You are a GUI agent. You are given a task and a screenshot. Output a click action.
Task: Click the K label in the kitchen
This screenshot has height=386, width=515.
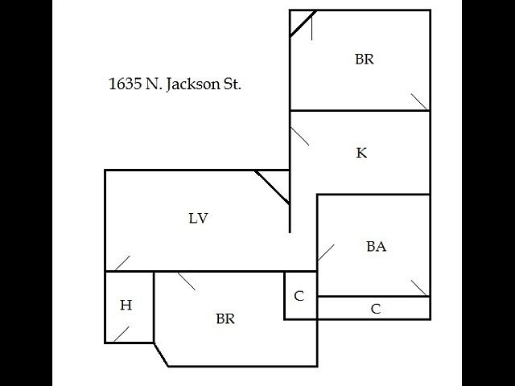pyautogui.click(x=361, y=153)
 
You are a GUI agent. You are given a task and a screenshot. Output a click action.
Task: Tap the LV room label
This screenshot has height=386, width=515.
pyautogui.click(x=199, y=218)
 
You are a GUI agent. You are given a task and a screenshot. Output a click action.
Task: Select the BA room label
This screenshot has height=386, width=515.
pyautogui.click(x=376, y=247)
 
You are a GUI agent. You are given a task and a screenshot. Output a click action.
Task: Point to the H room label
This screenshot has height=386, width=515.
pyautogui.click(x=126, y=305)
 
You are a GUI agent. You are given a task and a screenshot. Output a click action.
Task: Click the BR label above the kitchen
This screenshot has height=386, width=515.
pyautogui.click(x=365, y=59)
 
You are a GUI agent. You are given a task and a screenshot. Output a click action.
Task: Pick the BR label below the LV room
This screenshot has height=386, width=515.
pyautogui.click(x=225, y=318)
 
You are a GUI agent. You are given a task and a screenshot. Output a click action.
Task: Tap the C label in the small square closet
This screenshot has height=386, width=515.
pyautogui.click(x=299, y=296)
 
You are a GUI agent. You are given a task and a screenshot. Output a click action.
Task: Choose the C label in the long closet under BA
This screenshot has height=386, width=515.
pyautogui.click(x=376, y=309)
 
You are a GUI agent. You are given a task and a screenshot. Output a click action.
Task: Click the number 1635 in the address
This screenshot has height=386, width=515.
pyautogui.click(x=126, y=84)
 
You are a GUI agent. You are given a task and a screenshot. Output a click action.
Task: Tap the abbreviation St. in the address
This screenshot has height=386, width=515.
pyautogui.click(x=233, y=84)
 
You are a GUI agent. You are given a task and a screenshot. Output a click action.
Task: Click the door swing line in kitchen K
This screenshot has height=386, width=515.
pyautogui.click(x=299, y=136)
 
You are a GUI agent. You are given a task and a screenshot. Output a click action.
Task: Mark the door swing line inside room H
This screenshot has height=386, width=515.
pyautogui.click(x=122, y=335)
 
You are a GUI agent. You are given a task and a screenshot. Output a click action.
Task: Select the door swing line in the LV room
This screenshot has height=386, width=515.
pyautogui.click(x=122, y=263)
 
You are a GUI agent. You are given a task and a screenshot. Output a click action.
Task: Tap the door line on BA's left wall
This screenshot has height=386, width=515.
pyautogui.click(x=326, y=253)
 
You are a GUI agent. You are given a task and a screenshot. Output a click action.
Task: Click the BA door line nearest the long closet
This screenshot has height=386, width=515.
pyautogui.click(x=419, y=288)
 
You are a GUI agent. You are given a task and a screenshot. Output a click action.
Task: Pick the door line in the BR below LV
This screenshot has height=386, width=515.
pyautogui.click(x=187, y=281)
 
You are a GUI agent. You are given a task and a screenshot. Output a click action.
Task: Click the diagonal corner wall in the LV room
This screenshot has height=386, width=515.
pyautogui.click(x=272, y=187)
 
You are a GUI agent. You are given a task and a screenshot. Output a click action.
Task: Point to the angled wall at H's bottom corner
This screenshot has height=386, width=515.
pyautogui.click(x=161, y=355)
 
